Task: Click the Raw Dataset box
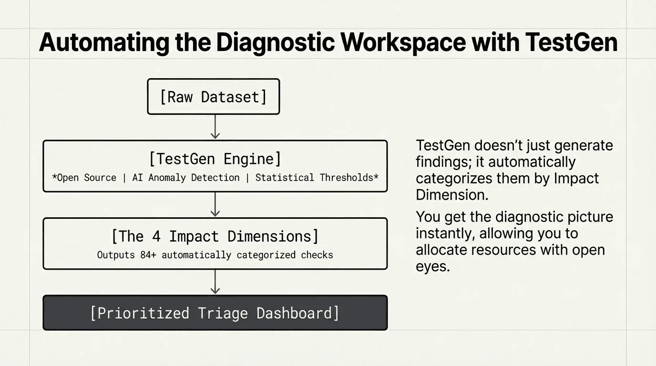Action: coord(213,97)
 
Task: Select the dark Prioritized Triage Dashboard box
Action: coord(215,313)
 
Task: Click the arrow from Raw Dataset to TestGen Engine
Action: coord(215,127)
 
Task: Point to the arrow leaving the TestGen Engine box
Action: coord(215,204)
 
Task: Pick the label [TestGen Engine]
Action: coord(215,159)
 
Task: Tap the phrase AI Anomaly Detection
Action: coord(186,178)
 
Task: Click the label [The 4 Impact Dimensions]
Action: coord(215,236)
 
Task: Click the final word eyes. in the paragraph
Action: coord(432,266)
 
